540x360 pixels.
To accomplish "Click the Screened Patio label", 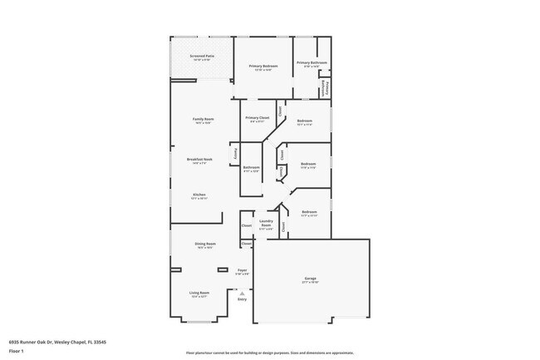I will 202,57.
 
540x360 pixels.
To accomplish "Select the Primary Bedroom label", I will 263,67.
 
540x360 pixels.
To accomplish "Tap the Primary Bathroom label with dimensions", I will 312,63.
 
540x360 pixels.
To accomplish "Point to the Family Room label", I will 204,120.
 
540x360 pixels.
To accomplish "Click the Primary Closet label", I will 258,118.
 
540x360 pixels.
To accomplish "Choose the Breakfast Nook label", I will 203,160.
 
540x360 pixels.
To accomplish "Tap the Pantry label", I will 236,153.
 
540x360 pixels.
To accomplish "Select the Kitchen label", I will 199,196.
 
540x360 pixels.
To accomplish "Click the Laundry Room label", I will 266,223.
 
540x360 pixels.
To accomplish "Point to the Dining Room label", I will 204,244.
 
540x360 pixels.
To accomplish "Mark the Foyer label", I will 243,270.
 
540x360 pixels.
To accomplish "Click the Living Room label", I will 199,293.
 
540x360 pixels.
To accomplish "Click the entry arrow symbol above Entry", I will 242,293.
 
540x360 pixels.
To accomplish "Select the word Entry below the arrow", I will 242,300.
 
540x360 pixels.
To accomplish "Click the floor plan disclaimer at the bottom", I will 270,353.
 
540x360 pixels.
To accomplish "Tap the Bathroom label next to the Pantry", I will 252,168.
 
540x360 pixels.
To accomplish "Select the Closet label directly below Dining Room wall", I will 247,244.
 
